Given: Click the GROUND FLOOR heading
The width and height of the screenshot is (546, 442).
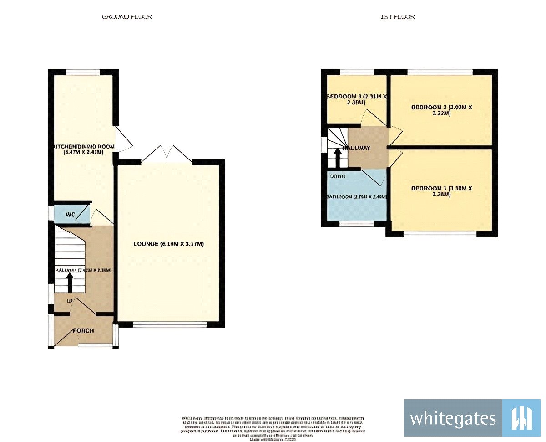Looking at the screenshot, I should (126, 17).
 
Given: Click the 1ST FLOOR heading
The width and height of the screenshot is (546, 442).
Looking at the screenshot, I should (397, 17).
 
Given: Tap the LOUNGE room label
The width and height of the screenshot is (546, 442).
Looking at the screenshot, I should (168, 244).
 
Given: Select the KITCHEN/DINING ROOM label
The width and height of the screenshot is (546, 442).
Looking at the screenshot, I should (83, 149).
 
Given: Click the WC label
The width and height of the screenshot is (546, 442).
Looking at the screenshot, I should (70, 214).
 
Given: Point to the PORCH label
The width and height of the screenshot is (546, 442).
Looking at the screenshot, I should (84, 330).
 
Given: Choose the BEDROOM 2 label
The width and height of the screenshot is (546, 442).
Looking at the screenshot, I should (441, 110).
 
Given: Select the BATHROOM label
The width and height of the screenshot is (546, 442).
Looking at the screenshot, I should (356, 197).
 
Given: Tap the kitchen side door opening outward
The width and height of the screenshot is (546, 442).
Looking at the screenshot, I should (123, 139).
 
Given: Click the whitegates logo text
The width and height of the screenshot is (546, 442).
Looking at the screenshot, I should (453, 418).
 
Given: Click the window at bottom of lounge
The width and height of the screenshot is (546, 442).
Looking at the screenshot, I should (170, 325).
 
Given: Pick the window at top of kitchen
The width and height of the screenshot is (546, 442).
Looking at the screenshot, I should (82, 72).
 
